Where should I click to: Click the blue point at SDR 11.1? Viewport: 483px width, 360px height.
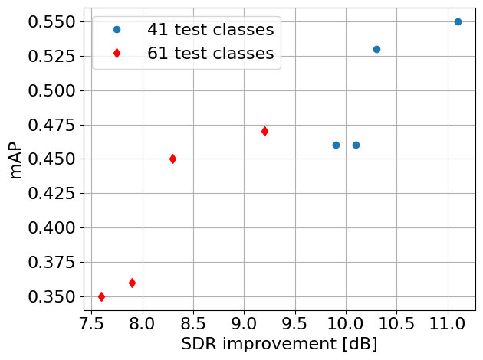point(458,21)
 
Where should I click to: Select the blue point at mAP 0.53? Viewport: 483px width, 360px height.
point(376,49)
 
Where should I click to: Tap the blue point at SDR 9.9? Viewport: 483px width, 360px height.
point(336,145)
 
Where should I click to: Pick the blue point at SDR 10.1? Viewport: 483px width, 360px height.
point(356,145)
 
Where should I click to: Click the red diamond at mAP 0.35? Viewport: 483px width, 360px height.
point(101,296)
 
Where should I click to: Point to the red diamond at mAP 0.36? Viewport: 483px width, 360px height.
point(132,283)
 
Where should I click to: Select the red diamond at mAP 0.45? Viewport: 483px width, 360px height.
point(172,159)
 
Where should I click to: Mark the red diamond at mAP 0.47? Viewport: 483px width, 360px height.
point(264,131)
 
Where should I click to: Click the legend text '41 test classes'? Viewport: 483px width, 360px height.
point(211,31)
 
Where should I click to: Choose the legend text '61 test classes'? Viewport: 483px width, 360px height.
point(211,54)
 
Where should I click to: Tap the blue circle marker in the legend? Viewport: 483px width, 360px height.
point(117,30)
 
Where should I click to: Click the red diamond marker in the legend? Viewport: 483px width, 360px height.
point(117,53)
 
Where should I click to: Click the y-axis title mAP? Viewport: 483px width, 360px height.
point(15,159)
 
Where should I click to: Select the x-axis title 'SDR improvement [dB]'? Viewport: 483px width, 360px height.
point(279,344)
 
